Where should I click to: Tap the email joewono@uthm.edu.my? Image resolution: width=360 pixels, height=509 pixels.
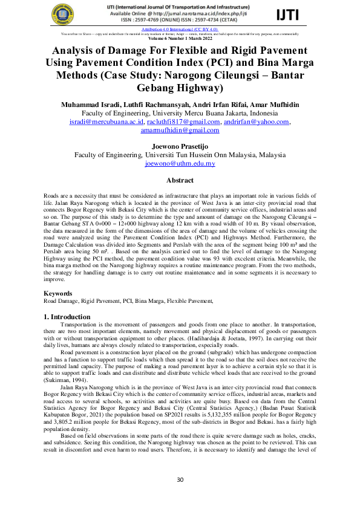[180, 163]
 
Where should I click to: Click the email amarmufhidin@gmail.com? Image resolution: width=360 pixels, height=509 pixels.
[180, 130]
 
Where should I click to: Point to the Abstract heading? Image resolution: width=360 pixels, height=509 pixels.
[180, 180]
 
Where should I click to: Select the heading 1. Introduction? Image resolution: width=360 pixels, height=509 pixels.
[67, 317]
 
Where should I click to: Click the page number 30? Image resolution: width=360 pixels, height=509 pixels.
[180, 479]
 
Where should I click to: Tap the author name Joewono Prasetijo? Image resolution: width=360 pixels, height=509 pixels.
[180, 146]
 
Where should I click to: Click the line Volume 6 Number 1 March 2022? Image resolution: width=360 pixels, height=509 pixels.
[180, 38]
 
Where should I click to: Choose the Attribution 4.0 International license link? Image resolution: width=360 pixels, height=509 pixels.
[180, 28]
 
